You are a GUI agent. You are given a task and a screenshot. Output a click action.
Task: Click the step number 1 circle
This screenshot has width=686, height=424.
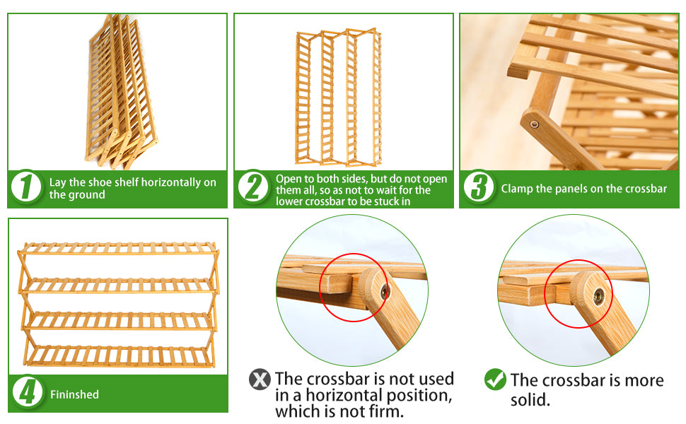26,187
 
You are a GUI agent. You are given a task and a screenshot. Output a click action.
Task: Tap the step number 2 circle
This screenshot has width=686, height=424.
253,187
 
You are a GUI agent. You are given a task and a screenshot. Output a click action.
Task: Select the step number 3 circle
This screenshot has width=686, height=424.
479,187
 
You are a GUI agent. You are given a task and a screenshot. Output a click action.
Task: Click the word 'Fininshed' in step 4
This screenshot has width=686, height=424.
74,394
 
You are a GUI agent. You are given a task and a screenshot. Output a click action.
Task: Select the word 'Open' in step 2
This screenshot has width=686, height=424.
287,179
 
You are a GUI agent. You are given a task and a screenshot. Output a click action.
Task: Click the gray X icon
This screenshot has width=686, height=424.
260,379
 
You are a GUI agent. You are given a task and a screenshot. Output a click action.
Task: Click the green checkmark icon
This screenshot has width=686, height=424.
495,379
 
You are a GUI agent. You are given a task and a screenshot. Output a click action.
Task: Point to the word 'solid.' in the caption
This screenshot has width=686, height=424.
530,400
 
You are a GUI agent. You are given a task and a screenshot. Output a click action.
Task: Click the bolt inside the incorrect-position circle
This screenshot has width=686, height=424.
385,291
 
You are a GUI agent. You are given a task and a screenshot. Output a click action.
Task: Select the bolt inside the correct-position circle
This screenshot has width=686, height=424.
598,296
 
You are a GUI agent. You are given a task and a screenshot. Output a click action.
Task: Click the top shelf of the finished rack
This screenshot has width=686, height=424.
119,248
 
